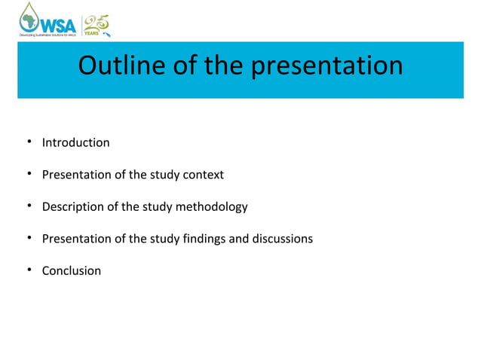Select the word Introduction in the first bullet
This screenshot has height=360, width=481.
75,142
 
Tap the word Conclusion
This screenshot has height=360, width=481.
71,270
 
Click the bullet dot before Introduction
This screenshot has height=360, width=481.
26,142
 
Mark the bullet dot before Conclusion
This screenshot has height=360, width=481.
26,270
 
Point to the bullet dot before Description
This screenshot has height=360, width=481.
26,206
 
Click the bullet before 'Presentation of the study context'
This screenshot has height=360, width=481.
26,175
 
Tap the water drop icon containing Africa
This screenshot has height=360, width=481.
30,17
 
